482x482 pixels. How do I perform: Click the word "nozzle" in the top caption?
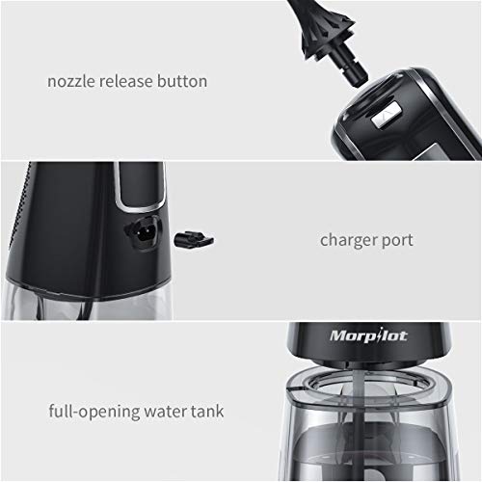(x=69, y=81)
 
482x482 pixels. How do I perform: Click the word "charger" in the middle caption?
(x=350, y=240)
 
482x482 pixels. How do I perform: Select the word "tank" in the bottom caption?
(x=208, y=412)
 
